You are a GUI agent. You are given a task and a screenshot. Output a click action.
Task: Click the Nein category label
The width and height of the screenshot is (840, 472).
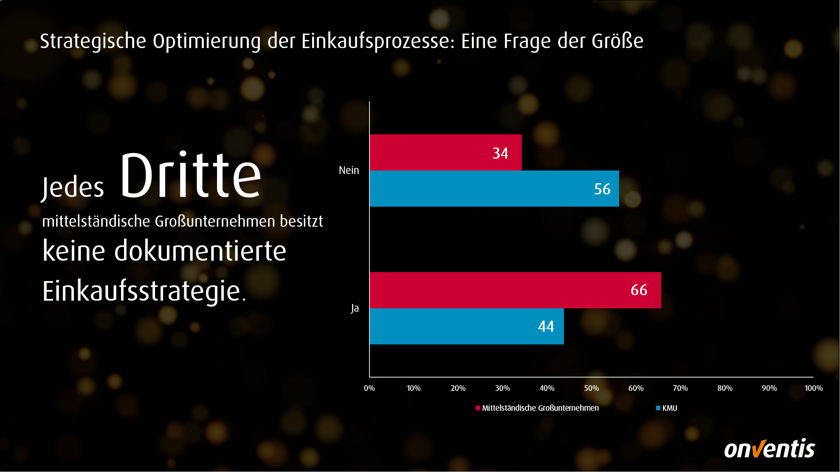349,171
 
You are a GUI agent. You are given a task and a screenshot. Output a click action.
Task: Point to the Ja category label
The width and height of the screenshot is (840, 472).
355,308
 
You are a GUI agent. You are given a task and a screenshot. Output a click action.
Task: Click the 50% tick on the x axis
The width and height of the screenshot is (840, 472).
591,388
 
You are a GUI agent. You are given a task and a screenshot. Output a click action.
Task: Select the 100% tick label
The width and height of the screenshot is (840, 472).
813,388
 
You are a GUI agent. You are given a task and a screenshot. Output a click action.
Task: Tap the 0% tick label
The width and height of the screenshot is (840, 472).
369,388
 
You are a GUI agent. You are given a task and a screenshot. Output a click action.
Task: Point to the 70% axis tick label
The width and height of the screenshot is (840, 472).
680,388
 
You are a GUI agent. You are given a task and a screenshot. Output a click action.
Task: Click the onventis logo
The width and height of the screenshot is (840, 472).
769,449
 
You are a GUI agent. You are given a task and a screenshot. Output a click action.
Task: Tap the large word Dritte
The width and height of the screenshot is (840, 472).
190,176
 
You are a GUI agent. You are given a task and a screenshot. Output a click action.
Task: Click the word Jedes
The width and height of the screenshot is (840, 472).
73,188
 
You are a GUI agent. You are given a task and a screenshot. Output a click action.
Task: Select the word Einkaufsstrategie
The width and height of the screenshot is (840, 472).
142,292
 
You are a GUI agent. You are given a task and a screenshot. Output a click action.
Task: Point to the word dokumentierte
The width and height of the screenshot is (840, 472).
200,251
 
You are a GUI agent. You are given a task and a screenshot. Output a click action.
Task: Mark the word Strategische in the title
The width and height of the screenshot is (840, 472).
93,42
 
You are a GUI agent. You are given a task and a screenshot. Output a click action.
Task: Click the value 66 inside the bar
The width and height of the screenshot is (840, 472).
639,290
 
